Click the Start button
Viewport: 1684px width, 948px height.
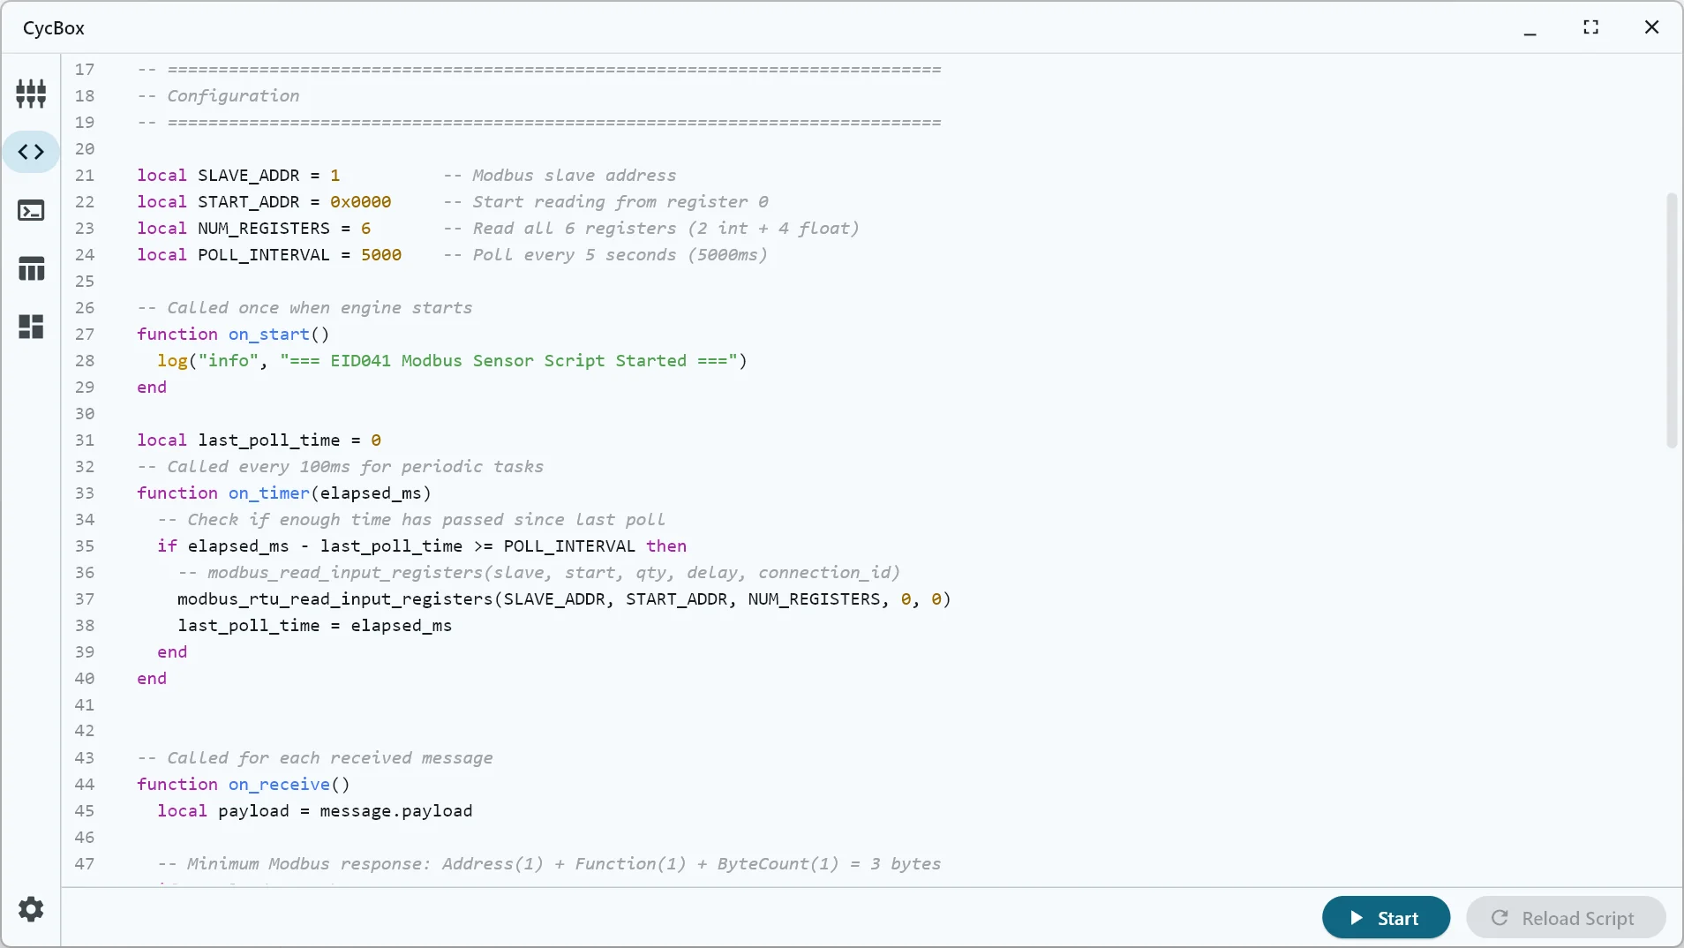[x=1386, y=918]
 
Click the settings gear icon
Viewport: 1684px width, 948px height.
[x=31, y=909]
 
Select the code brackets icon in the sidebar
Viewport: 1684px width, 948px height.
[x=31, y=152]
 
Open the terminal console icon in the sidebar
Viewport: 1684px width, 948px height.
[x=31, y=210]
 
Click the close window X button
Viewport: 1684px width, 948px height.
[x=1652, y=27]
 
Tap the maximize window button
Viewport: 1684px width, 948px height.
[x=1591, y=27]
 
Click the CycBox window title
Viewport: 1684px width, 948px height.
[x=54, y=27]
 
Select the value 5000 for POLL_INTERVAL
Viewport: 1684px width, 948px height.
[x=381, y=255]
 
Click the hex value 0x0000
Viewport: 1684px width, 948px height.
[x=361, y=202]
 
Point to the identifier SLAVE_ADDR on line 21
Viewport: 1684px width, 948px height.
[x=249, y=176]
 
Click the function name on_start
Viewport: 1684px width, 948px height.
[x=269, y=335]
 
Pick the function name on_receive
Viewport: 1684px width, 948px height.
[x=280, y=785]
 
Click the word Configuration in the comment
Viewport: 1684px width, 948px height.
[x=233, y=96]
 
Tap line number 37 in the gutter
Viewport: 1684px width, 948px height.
[x=85, y=599]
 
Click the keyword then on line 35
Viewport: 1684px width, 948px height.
[x=666, y=546]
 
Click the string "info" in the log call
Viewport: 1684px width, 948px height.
[x=229, y=361]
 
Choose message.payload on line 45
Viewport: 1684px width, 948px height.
[x=396, y=811]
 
